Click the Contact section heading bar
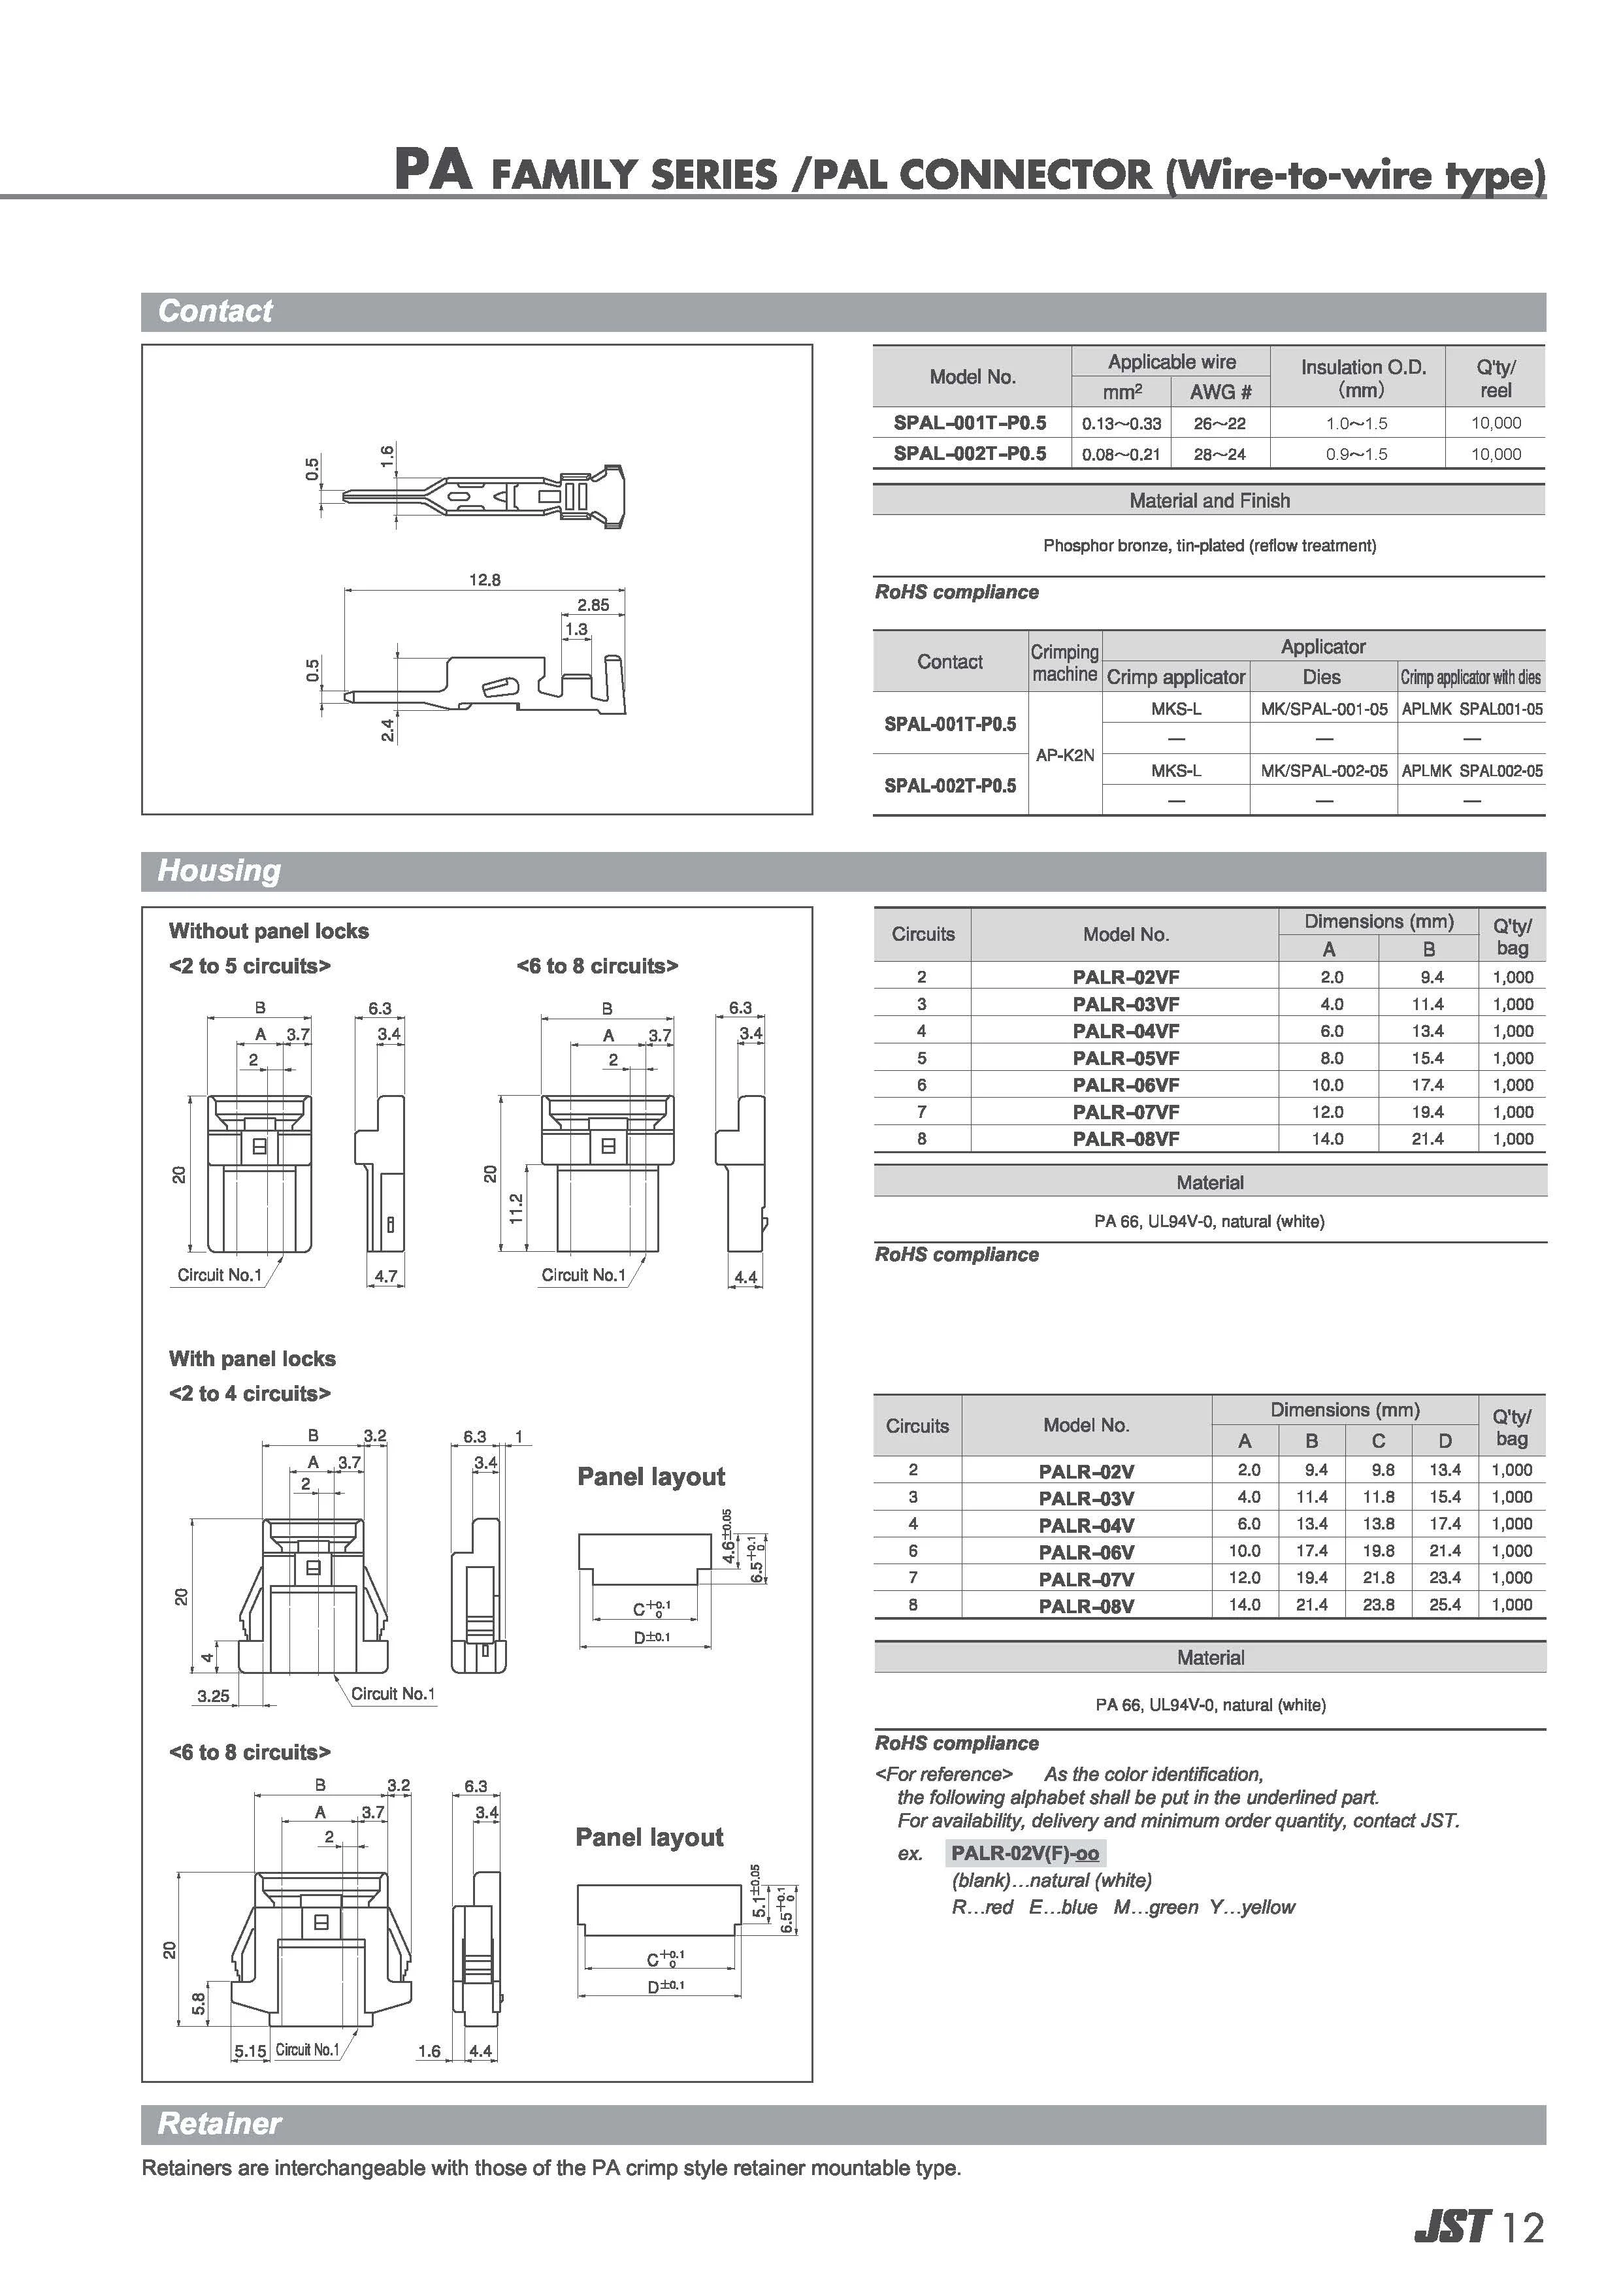(843, 312)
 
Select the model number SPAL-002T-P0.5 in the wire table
(969, 453)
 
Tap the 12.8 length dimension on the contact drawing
(484, 579)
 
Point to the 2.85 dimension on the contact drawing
(593, 605)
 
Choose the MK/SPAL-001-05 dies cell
(1324, 709)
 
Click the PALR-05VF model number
(1125, 1058)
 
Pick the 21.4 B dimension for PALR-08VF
(1428, 1139)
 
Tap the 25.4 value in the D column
(1445, 1605)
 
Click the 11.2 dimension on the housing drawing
(516, 1208)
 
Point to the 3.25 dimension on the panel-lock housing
(212, 1695)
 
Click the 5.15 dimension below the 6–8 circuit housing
(250, 2052)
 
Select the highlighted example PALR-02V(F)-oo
(1024, 1854)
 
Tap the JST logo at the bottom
(1452, 2227)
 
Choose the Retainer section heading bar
(843, 2124)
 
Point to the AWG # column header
(1220, 392)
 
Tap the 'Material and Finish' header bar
(1209, 500)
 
